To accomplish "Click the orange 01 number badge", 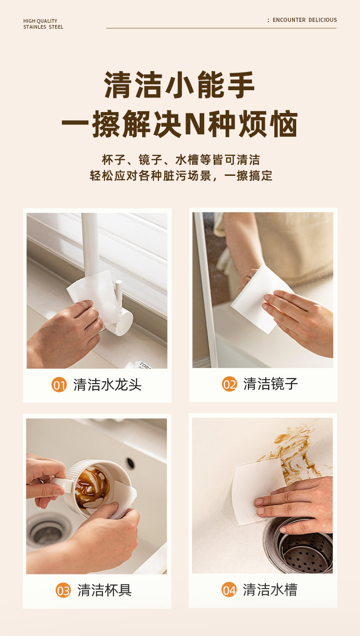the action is pos(59,385).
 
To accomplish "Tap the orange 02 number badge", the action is pos(229,384).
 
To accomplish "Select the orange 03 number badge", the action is pos(63,590).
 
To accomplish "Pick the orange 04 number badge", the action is pos(229,590).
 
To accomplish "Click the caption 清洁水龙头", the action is pos(108,385).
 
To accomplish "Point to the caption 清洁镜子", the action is pos(271,384).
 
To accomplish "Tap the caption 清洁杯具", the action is pos(105,590).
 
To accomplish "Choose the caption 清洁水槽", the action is pos(270,590).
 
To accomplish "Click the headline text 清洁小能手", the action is pos(179,85).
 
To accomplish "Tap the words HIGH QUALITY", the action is pos(40,21).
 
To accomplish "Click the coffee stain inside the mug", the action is pos(92,487).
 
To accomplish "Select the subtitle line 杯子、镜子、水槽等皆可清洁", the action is pos(181,160).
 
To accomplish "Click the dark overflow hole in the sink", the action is pos(130,463).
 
